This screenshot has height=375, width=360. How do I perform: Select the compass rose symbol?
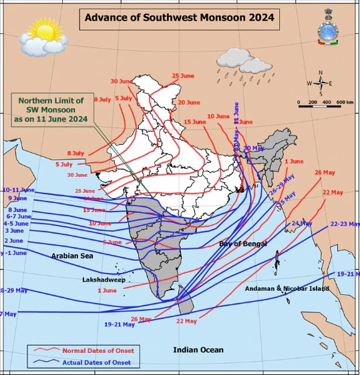321,83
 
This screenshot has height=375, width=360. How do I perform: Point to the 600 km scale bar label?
345,102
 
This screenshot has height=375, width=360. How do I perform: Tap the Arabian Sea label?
72,256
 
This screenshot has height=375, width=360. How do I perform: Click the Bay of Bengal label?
242,244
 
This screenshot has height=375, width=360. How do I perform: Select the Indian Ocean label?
198,350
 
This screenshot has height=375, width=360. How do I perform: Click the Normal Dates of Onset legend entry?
98,350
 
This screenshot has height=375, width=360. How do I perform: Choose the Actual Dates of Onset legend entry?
96,363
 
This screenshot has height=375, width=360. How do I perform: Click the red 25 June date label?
185,76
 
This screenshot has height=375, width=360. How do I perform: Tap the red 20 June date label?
188,103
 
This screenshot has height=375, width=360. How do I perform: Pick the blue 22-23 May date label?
345,224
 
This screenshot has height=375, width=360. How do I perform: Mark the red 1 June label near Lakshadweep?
107,290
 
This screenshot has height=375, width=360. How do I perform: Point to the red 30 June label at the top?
122,81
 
